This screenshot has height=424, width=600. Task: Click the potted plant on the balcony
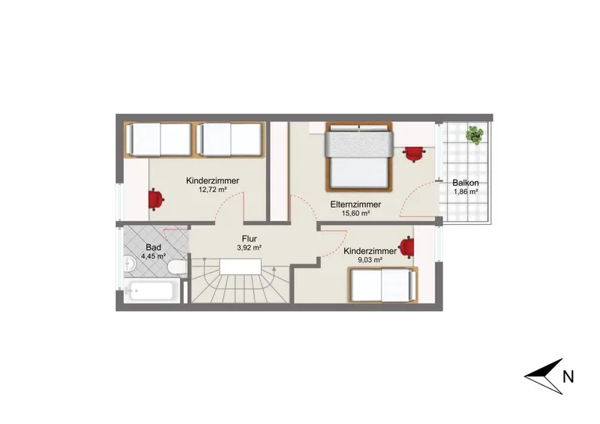coord(475,135)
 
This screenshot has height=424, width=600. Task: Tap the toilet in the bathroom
coord(178,267)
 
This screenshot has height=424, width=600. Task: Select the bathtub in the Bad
coord(151,291)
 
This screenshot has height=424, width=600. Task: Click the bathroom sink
coord(128,264)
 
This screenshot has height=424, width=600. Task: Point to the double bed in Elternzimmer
coord(359,157)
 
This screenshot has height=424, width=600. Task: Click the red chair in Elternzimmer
coord(414,154)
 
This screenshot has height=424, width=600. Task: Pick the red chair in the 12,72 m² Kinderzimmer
coord(156,199)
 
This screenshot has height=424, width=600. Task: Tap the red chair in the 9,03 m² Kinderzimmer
coord(406,247)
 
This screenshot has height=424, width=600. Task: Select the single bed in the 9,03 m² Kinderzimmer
coord(382,285)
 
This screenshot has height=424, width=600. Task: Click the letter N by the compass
coord(568,377)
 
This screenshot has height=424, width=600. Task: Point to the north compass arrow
coord(544,376)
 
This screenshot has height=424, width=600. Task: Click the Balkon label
coord(465,183)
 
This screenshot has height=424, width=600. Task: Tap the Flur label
coord(249,239)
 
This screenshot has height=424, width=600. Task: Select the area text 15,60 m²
coord(355,213)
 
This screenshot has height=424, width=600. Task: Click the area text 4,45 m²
coord(153,256)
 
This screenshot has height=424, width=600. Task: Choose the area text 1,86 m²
coord(466,192)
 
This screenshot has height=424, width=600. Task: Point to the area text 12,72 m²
coord(213,190)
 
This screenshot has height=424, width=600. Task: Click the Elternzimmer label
coord(355,205)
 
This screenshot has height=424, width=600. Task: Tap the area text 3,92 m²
coord(249,248)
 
